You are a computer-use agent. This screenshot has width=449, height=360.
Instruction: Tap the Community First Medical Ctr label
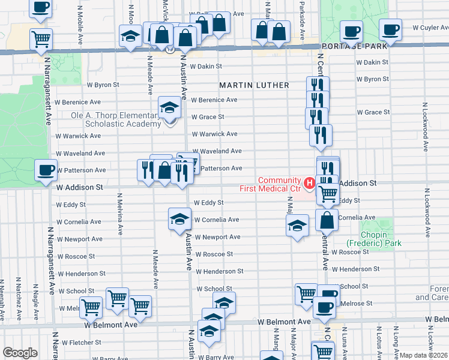[x=279, y=185]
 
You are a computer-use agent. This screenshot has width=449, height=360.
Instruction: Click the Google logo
[x=20, y=353]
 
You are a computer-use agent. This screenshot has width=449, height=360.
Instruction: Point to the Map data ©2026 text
[x=424, y=355]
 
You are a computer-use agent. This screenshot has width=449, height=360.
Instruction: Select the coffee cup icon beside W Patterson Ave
[x=46, y=170]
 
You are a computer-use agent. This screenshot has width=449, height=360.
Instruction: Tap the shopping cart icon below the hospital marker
[x=327, y=193]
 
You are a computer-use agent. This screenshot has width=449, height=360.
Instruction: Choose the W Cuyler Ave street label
[x=423, y=28]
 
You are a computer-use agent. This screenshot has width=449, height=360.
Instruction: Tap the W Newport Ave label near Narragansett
[x=79, y=239]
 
